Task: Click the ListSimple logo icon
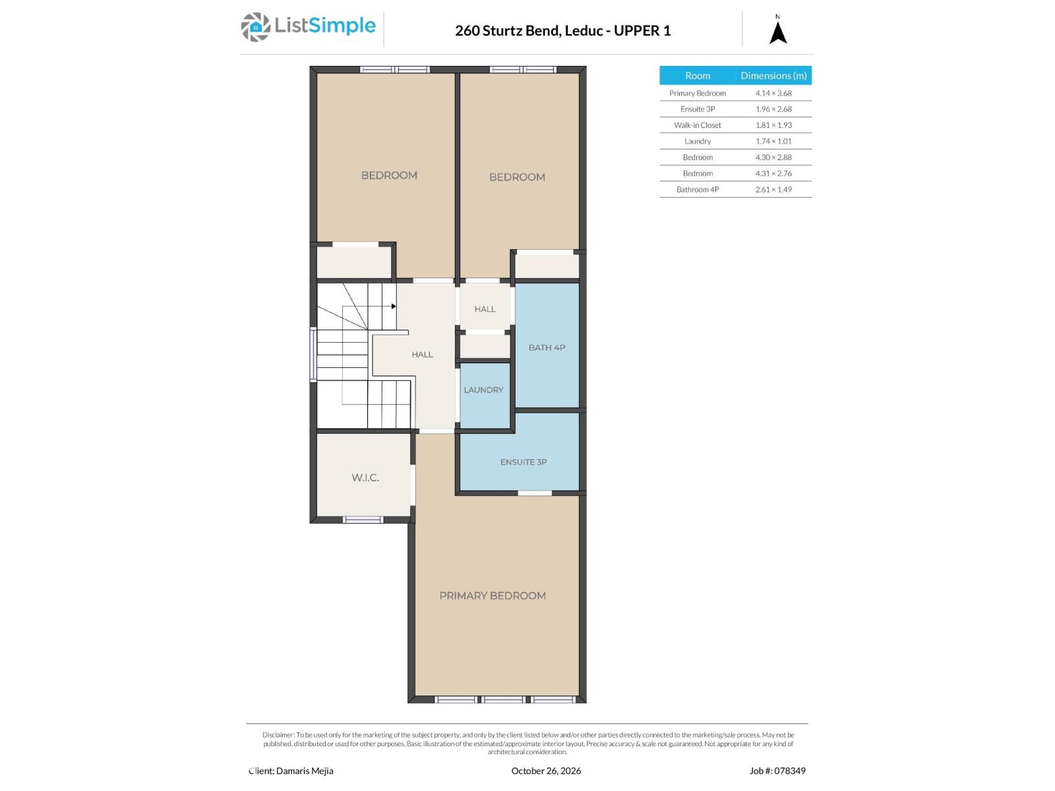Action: (x=255, y=27)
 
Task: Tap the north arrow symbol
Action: (x=777, y=33)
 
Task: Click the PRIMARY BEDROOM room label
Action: (x=493, y=595)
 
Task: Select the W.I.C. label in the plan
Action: (x=365, y=477)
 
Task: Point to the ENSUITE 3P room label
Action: (x=524, y=462)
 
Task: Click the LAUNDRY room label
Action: (x=483, y=390)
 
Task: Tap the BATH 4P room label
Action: (x=547, y=348)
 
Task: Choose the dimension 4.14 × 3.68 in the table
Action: (x=773, y=93)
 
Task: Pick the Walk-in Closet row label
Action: (x=698, y=125)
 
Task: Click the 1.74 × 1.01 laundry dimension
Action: (x=773, y=141)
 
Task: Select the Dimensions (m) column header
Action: (x=773, y=75)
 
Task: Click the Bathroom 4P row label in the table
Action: (x=698, y=190)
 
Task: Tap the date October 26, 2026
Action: (x=546, y=771)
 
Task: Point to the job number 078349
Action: (x=790, y=771)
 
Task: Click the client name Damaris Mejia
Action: (x=305, y=771)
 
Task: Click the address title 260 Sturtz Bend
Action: (x=507, y=31)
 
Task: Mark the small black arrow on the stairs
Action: (x=394, y=306)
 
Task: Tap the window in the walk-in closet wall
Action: (x=363, y=519)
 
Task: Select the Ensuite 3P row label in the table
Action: (x=698, y=109)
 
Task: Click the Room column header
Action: (x=698, y=75)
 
